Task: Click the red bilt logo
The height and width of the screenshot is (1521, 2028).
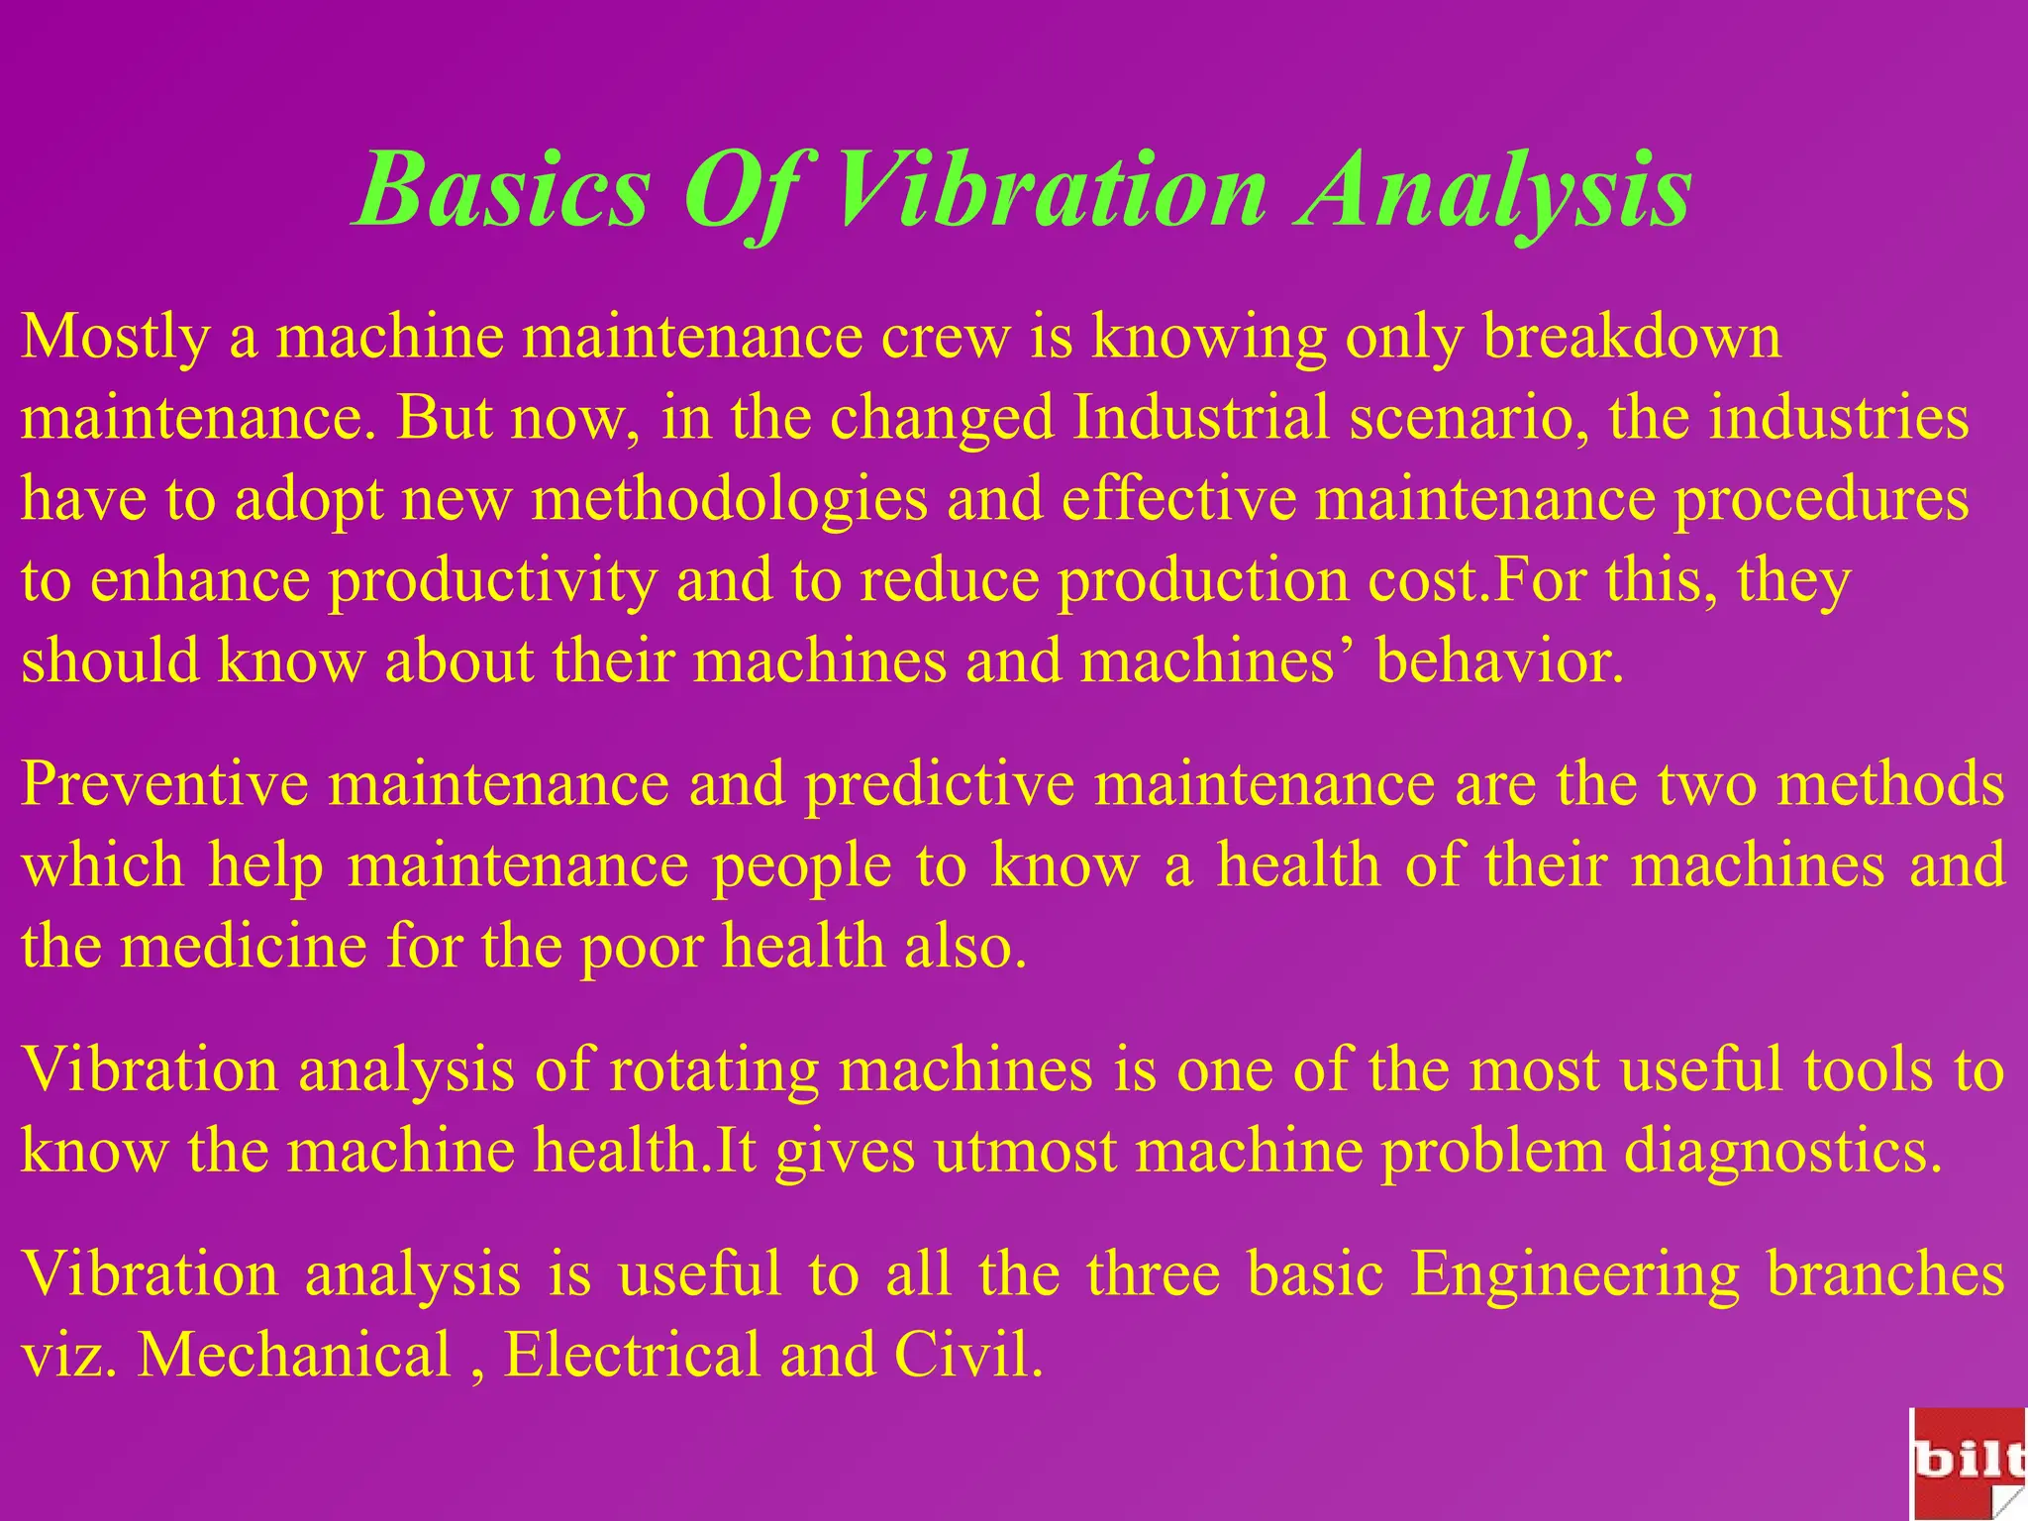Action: pyautogui.click(x=1969, y=1463)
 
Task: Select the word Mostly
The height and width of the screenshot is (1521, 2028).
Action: pyautogui.click(x=115, y=337)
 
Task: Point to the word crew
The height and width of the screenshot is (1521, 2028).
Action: pyautogui.click(x=945, y=337)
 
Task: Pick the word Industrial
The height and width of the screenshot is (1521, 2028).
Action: pyautogui.click(x=1201, y=418)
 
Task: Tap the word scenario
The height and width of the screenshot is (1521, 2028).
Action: pyautogui.click(x=1470, y=418)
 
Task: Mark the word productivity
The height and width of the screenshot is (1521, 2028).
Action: pyautogui.click(x=493, y=580)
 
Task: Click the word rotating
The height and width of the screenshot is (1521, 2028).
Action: pyautogui.click(x=714, y=1070)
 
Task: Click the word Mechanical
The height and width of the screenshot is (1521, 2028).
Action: pyautogui.click(x=295, y=1355)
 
